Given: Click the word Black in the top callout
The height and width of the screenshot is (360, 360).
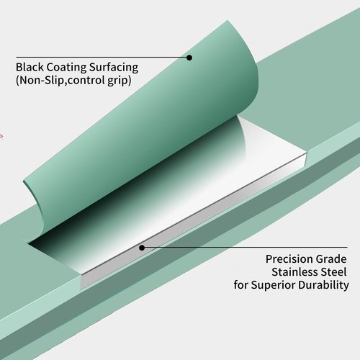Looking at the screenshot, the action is [x=30, y=67].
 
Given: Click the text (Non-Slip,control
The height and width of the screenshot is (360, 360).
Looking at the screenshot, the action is [x=57, y=80].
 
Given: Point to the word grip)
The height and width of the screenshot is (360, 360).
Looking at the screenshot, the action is [x=116, y=81].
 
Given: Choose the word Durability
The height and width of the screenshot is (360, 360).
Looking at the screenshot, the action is [x=323, y=285].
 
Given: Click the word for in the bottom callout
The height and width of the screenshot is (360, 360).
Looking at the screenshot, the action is [x=241, y=285].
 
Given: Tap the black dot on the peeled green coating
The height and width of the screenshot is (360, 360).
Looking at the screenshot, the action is [x=189, y=58].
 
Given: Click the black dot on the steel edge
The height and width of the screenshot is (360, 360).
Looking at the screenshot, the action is [x=142, y=248].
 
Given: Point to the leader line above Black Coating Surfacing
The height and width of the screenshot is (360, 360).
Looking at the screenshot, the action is [x=103, y=58].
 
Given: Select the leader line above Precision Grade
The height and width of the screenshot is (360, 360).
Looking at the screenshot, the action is [x=245, y=247].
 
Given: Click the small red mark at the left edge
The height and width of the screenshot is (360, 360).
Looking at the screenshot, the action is [x=1, y=137].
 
